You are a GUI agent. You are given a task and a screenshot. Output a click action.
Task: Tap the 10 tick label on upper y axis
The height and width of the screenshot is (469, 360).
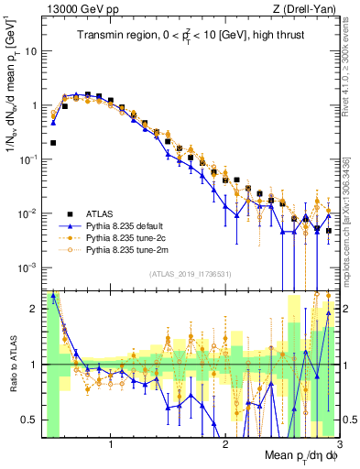(30, 51)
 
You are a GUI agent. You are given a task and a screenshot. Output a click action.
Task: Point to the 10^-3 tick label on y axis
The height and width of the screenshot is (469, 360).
(27, 267)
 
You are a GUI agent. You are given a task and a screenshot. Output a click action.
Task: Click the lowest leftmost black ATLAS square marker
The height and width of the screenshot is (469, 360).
(53, 143)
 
